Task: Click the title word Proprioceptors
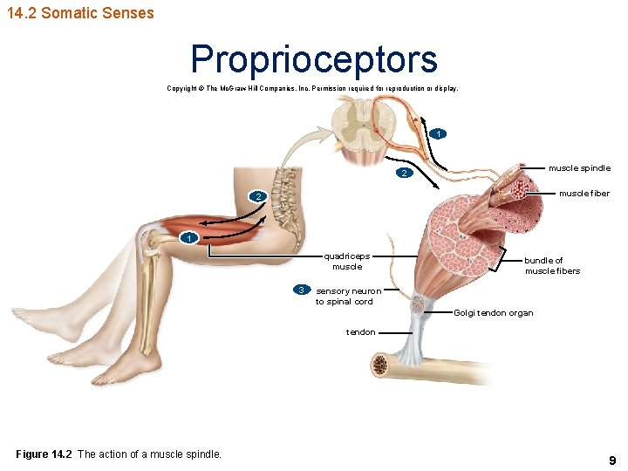[x=314, y=59]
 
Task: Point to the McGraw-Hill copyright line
[x=312, y=88]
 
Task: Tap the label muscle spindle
[x=579, y=167]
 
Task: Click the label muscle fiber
[x=584, y=193]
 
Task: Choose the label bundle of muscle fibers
[x=551, y=265]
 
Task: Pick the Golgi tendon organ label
[x=494, y=313]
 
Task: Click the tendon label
[x=361, y=331]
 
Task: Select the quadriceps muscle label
[x=346, y=261]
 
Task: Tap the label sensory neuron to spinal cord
[x=347, y=296]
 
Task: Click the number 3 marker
[x=301, y=290]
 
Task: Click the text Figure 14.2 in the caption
[x=44, y=454]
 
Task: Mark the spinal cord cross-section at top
[x=361, y=126]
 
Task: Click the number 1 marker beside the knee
[x=188, y=237]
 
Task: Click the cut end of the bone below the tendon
[x=380, y=364]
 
